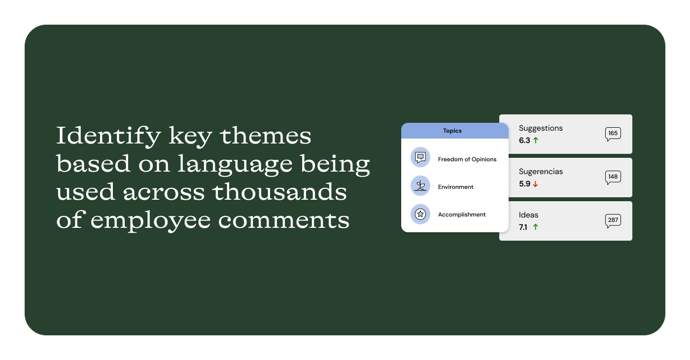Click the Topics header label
(452, 131)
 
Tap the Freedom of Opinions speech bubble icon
(420, 157)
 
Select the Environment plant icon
(420, 185)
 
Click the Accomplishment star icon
(420, 214)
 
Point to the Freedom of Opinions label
(467, 159)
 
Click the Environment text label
(455, 187)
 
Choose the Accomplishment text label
(462, 215)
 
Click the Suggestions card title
(541, 128)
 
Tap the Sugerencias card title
(541, 172)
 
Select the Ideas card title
(528, 215)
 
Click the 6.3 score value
(524, 140)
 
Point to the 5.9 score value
(524, 183)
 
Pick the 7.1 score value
(523, 227)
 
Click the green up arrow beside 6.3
(536, 140)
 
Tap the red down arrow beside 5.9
(535, 184)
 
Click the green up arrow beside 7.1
(536, 227)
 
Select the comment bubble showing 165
(613, 134)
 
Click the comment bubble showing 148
(613, 177)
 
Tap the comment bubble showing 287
(613, 220)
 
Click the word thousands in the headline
(280, 191)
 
